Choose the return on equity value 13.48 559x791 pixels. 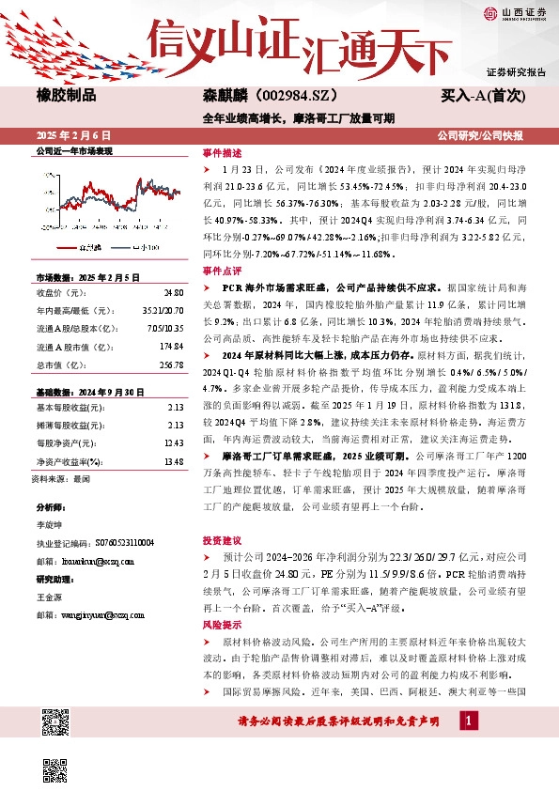click(x=172, y=461)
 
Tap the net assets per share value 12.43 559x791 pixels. click(x=172, y=442)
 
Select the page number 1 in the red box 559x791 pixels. click(x=469, y=721)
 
